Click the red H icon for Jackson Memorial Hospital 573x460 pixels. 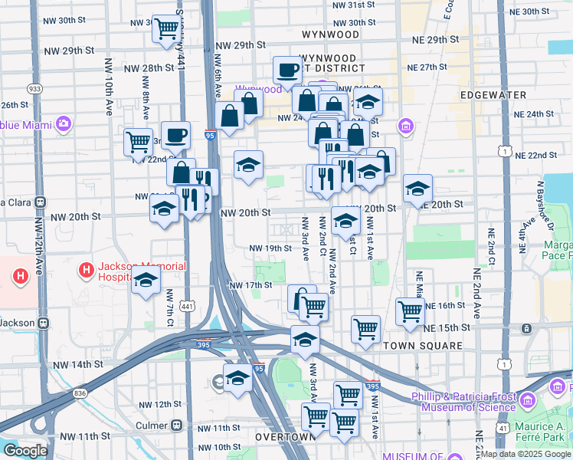[87, 271]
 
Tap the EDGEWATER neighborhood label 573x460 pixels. [493, 95]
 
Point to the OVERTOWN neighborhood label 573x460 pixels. [285, 436]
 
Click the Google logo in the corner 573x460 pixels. [25, 451]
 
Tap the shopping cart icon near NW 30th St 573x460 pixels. [165, 29]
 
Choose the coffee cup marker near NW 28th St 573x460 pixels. [287, 70]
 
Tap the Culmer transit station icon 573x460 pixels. [177, 425]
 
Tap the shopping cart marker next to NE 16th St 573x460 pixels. [410, 310]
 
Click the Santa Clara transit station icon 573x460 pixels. [40, 202]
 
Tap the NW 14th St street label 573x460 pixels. [77, 365]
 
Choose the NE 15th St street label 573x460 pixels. [445, 328]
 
